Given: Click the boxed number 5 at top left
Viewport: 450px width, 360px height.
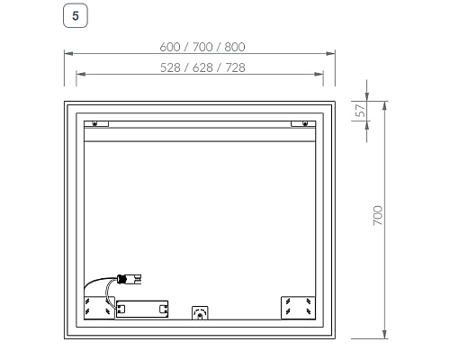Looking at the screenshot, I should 75,15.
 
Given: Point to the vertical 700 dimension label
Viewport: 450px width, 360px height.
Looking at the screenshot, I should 378,215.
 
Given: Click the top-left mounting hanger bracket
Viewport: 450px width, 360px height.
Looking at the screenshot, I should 97,123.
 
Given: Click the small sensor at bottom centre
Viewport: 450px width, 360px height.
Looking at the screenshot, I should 200,313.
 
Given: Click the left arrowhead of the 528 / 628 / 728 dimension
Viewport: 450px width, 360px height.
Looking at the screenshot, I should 78,75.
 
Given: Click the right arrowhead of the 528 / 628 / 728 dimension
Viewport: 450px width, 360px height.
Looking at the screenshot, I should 322,75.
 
